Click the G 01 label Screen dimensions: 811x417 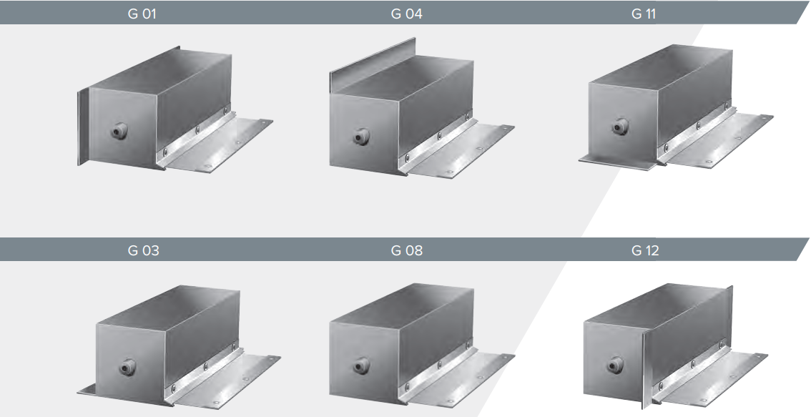142,14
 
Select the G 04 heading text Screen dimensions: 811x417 406,14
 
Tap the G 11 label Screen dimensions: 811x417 644,14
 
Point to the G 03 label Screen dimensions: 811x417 143,250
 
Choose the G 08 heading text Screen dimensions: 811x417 406,250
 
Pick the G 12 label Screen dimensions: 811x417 645,250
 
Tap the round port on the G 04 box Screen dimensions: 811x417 361,137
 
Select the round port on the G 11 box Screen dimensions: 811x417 620,126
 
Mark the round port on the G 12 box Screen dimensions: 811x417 614,364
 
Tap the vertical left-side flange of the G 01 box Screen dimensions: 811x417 83,128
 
